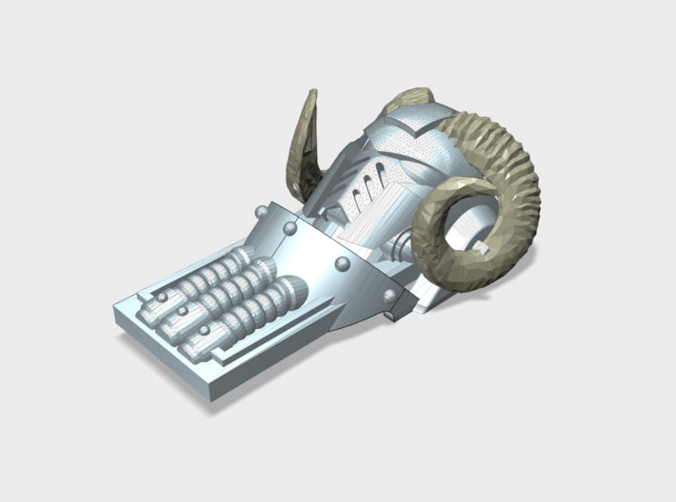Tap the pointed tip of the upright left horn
pos(313,93)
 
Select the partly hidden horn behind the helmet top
pos(408,99)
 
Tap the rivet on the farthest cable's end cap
pos(163,298)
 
